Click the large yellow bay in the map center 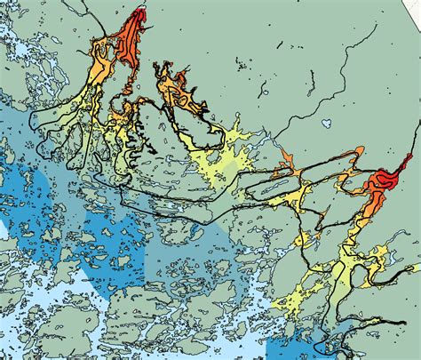(x=222, y=164)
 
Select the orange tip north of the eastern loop (x=286, y=158)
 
